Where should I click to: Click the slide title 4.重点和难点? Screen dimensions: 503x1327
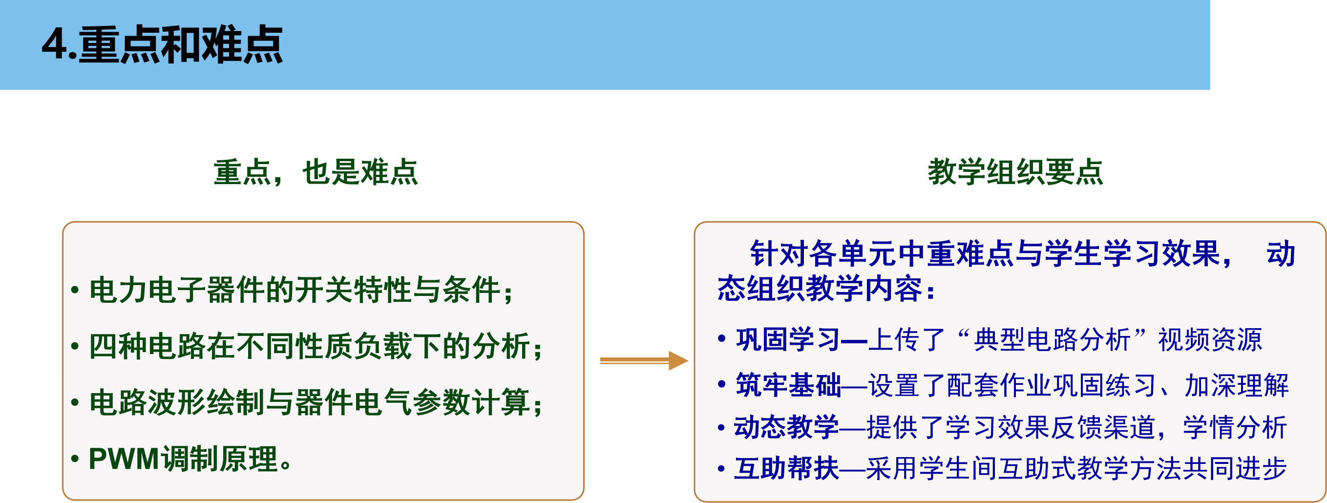[162, 45]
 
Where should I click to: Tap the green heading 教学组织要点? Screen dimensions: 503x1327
[1015, 172]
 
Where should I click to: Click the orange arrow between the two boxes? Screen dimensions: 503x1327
[644, 360]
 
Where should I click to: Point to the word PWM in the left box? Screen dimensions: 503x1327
[124, 459]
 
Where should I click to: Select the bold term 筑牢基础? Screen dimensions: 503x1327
[788, 385]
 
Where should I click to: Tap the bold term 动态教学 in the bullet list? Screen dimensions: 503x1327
[786, 427]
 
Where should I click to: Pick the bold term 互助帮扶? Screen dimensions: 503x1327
[786, 469]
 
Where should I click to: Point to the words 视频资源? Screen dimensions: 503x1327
[1210, 340]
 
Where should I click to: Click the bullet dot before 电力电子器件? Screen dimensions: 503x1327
[75, 290]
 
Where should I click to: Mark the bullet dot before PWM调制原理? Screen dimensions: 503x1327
[75, 459]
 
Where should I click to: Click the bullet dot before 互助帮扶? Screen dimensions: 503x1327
[721, 469]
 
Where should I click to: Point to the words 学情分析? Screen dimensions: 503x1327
[1235, 427]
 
